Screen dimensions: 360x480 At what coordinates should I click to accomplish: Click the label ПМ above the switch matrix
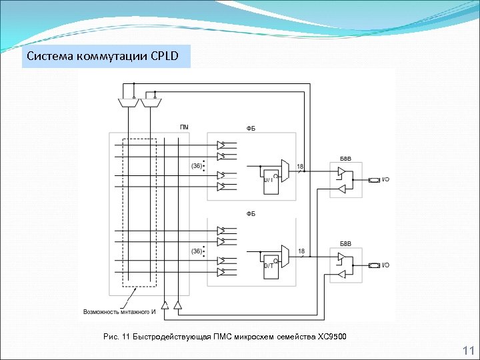(184, 127)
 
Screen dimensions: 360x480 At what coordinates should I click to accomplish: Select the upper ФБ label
(251, 128)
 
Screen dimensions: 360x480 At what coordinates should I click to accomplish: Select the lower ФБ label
(251, 213)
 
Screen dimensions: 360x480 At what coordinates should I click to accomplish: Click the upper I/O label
(386, 180)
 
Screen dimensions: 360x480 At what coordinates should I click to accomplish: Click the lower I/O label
(386, 265)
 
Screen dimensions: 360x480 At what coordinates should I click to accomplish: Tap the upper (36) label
(197, 165)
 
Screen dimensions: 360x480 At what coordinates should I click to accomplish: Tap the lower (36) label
(197, 251)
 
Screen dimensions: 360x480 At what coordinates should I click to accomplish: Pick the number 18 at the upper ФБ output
(300, 166)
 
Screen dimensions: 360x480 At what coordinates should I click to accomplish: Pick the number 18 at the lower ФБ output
(301, 251)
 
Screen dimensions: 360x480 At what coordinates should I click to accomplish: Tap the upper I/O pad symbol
(375, 180)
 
